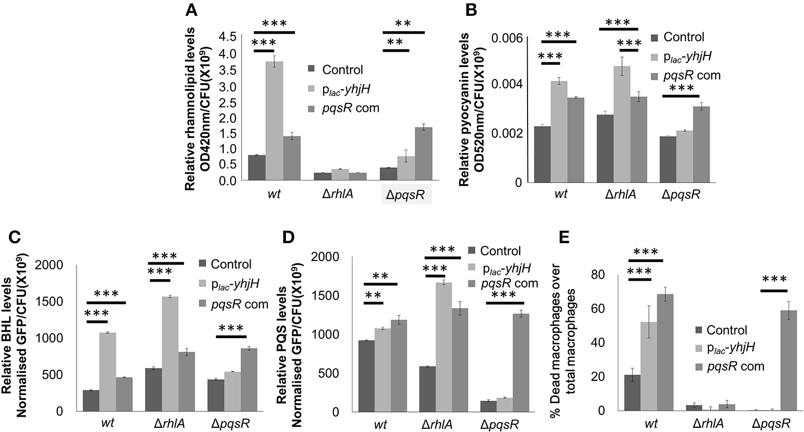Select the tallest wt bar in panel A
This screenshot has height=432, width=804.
pyautogui.click(x=274, y=121)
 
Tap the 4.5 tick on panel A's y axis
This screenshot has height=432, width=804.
pyautogui.click(x=229, y=37)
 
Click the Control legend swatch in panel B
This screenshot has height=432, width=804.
pyautogui.click(x=654, y=37)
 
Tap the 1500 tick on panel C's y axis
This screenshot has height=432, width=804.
pyautogui.click(x=51, y=302)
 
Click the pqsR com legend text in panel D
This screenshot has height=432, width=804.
pyautogui.click(x=509, y=283)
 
